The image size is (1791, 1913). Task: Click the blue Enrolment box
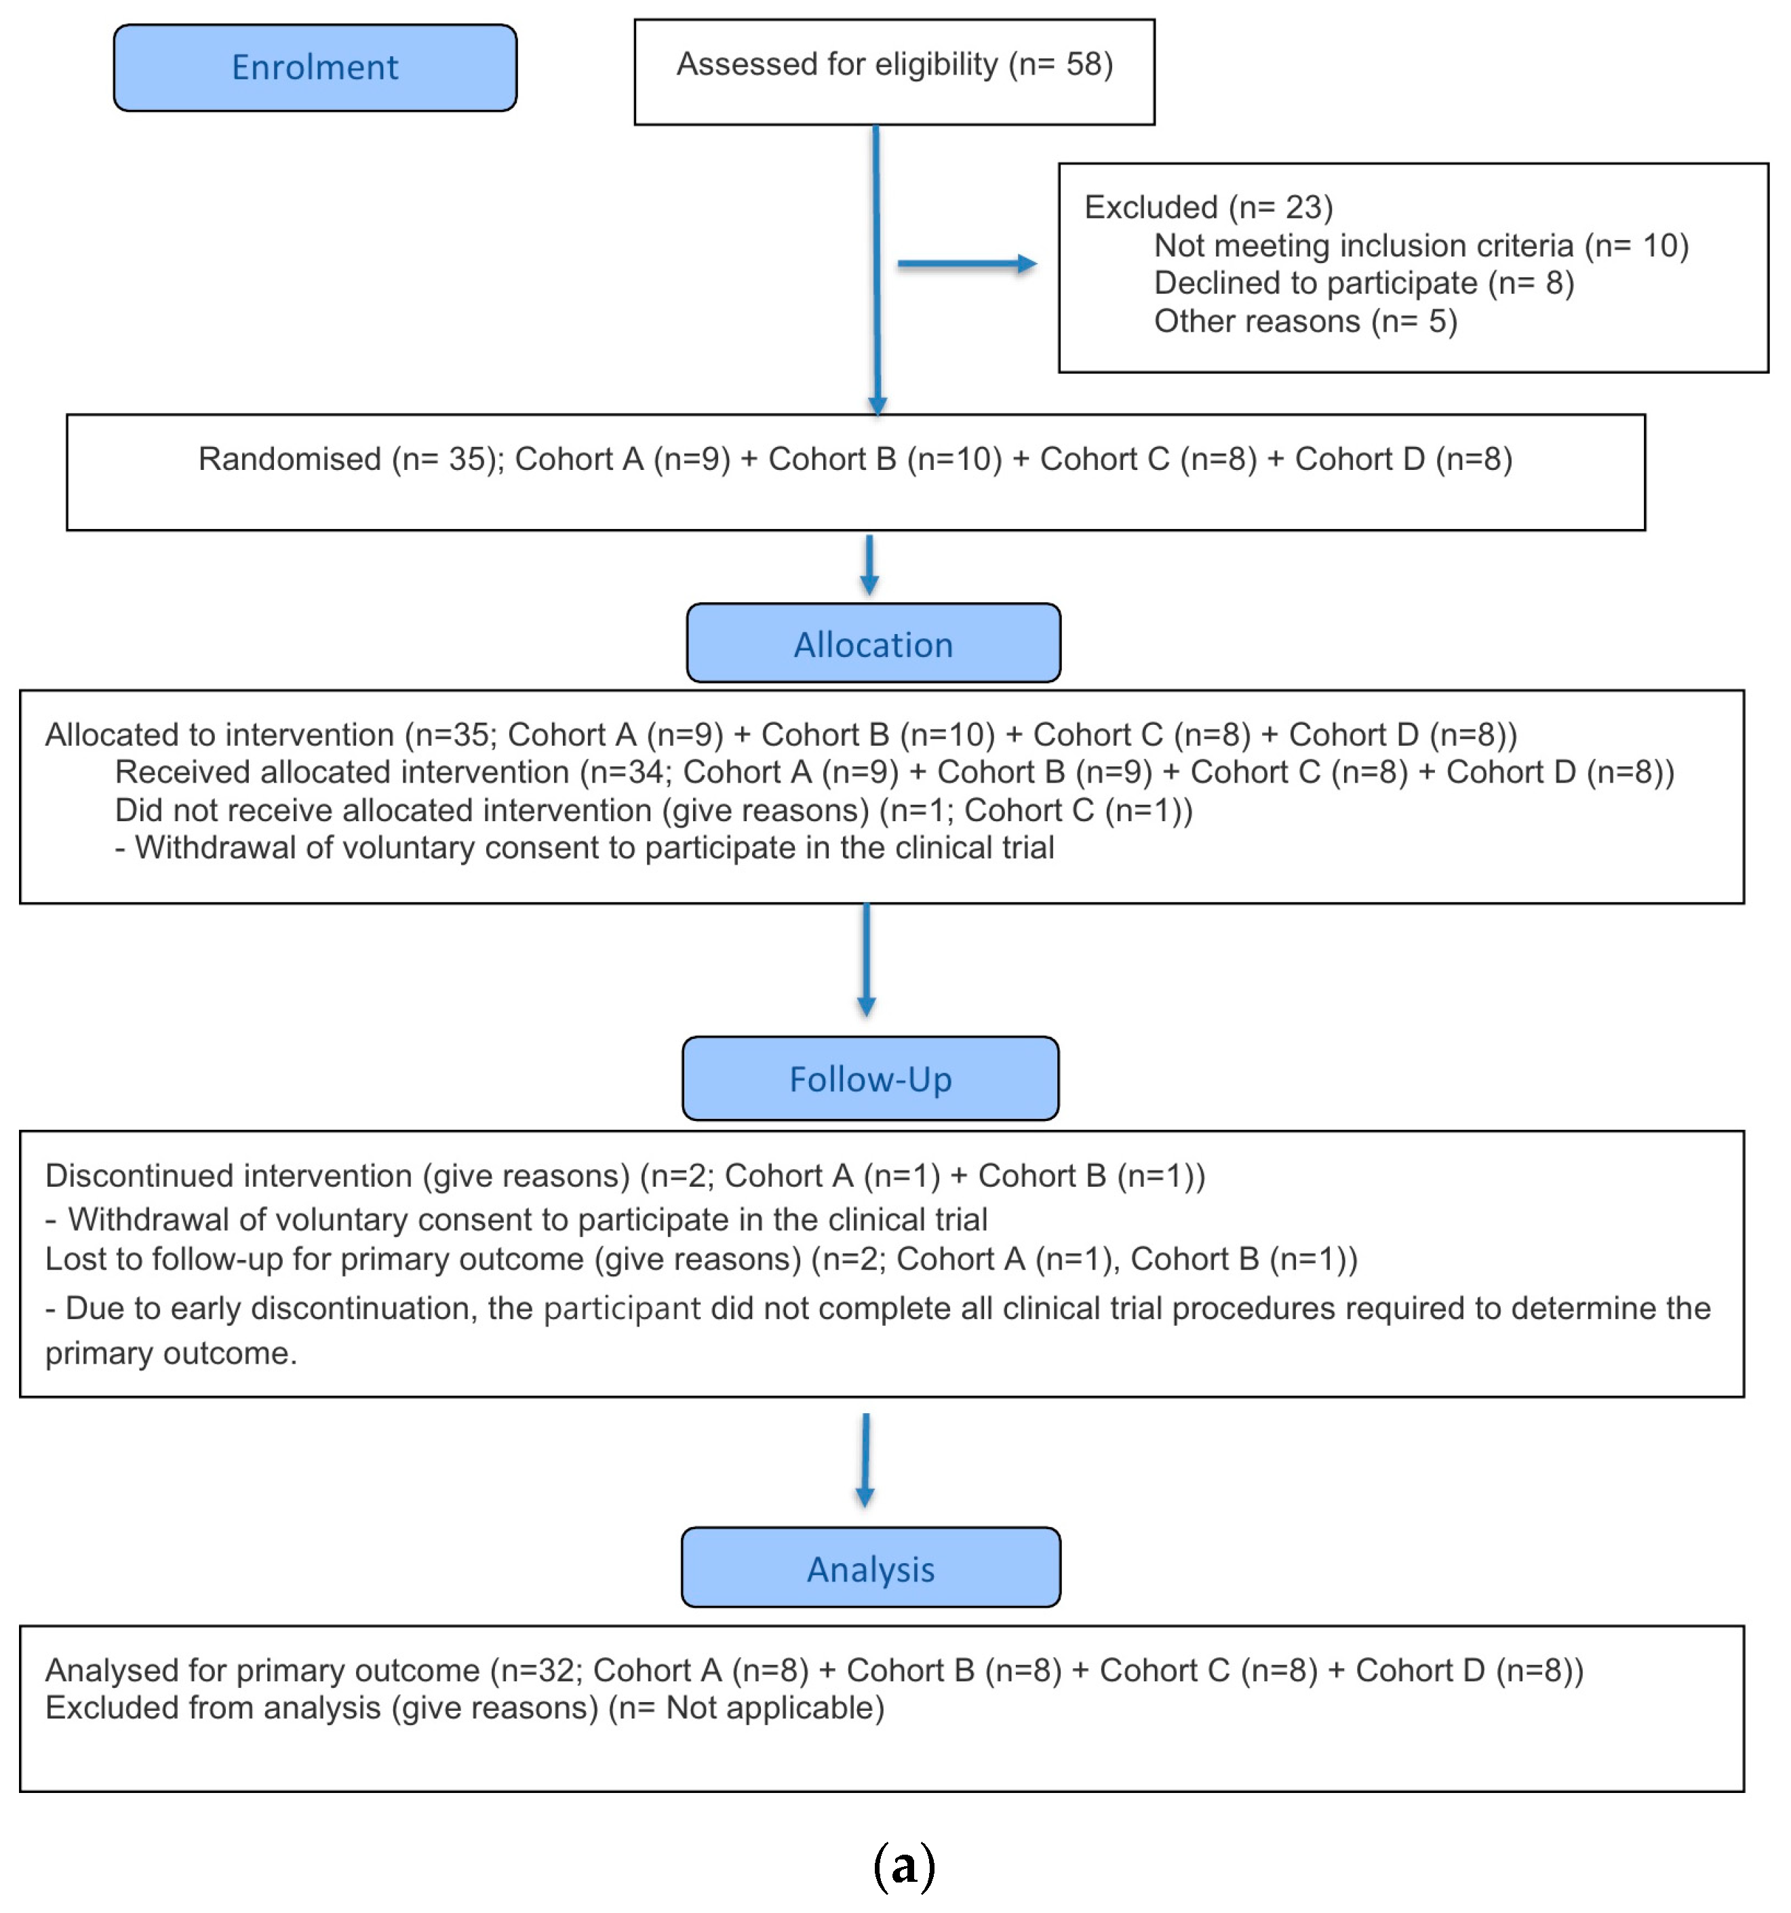pyautogui.click(x=315, y=67)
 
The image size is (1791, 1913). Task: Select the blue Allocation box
pyautogui.click(x=873, y=644)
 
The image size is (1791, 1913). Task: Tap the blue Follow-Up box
pyautogui.click(x=870, y=1079)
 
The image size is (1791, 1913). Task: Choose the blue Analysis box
pyautogui.click(x=870, y=1569)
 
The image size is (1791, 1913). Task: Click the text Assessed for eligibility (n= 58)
pyautogui.click(x=894, y=64)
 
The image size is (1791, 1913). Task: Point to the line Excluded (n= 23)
pyautogui.click(x=1208, y=207)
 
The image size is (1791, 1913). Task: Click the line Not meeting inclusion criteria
pyautogui.click(x=1421, y=245)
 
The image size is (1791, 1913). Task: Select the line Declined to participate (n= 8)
pyautogui.click(x=1362, y=283)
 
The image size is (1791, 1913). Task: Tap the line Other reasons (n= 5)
pyautogui.click(x=1305, y=321)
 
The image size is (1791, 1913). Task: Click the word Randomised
pyautogui.click(x=290, y=459)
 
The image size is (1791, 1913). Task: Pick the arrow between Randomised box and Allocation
pyautogui.click(x=869, y=565)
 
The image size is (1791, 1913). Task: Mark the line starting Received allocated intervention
pyautogui.click(x=893, y=772)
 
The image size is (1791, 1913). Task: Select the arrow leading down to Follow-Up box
pyautogui.click(x=866, y=958)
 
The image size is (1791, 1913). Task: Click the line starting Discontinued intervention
pyautogui.click(x=624, y=1175)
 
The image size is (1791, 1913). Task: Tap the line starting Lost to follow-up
pyautogui.click(x=701, y=1259)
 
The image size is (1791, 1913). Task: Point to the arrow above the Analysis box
pyautogui.click(x=865, y=1459)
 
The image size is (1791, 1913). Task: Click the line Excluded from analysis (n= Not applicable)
pyautogui.click(x=464, y=1708)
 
